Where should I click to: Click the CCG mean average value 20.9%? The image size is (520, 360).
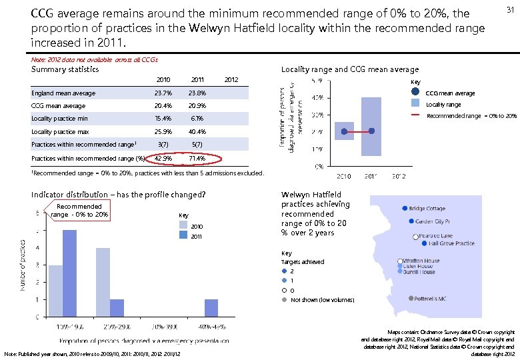(x=197, y=106)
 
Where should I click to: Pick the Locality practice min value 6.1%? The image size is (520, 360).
(x=197, y=119)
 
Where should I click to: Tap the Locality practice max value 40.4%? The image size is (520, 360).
(x=197, y=132)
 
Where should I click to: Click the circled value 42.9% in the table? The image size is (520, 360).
(x=163, y=159)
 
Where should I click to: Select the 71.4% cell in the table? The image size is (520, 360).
(x=197, y=159)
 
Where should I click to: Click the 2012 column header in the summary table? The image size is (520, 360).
(x=231, y=80)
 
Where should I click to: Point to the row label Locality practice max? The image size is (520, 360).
(x=61, y=132)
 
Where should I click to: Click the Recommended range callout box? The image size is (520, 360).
(x=79, y=211)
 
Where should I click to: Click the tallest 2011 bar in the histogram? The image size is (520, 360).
(x=70, y=273)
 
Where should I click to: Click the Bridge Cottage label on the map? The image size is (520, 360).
(x=427, y=209)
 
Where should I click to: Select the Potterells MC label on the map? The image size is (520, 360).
(x=430, y=299)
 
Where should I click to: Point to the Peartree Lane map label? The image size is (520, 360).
(x=437, y=236)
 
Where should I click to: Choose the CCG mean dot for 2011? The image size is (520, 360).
(x=371, y=131)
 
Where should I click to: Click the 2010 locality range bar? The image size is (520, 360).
(x=344, y=131)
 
